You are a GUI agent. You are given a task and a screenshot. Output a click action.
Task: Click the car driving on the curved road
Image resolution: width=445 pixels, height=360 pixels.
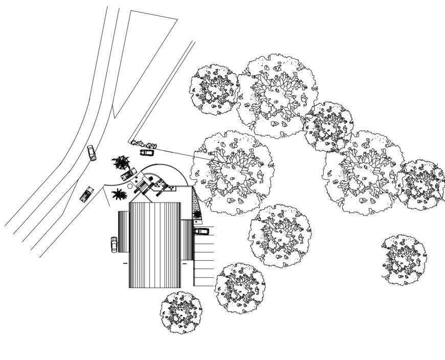tap(92, 153)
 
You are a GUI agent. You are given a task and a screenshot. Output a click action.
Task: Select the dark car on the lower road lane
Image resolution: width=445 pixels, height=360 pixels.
tap(86, 194)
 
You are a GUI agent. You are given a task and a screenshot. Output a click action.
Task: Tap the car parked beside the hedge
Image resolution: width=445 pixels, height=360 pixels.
tap(147, 152)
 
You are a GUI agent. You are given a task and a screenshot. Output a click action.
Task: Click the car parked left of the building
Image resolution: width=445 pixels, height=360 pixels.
tap(114, 244)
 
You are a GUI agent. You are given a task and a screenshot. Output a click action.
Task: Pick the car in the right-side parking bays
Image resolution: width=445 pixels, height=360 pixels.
tap(202, 231)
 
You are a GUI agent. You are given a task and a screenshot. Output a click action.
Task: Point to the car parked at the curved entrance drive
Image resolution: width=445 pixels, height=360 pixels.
tap(128, 174)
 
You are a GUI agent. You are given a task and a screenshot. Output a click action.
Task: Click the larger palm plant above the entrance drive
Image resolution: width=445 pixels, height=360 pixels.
tap(121, 163)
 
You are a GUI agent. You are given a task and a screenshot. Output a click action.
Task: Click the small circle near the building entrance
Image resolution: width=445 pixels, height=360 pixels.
tap(130, 187)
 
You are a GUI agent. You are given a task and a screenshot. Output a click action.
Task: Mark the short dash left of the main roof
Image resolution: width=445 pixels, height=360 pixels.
tap(125, 263)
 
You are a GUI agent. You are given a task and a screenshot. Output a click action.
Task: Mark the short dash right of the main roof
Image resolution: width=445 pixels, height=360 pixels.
tap(185, 264)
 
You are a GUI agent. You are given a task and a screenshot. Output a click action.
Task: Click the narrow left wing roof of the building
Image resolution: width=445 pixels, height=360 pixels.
tap(123, 232)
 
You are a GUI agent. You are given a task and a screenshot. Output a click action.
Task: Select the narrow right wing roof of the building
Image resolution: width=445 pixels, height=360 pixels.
tap(187, 240)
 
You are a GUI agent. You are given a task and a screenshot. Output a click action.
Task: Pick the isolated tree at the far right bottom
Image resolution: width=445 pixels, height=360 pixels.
tap(404, 260)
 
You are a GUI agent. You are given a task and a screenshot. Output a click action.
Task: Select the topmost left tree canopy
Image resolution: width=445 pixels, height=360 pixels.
tap(214, 89)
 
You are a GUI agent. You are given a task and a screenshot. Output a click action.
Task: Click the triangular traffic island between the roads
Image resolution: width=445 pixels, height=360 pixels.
tap(140, 56)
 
